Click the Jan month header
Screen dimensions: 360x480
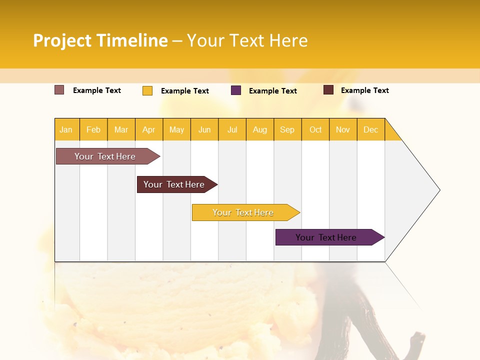point(66,129)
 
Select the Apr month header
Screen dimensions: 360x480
point(149,129)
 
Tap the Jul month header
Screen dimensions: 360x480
point(232,129)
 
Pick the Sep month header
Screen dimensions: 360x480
point(287,129)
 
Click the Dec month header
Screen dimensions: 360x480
point(370,129)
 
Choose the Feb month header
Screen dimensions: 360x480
point(93,129)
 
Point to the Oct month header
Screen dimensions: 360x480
point(315,129)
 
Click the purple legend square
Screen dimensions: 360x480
point(236,90)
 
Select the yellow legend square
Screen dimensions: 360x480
point(147,90)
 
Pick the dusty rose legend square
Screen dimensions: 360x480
point(59,90)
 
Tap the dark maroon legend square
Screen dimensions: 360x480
point(328,90)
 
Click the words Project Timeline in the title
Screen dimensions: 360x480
point(100,40)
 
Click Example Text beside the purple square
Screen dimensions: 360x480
point(272,91)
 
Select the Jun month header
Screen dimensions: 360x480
point(204,129)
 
